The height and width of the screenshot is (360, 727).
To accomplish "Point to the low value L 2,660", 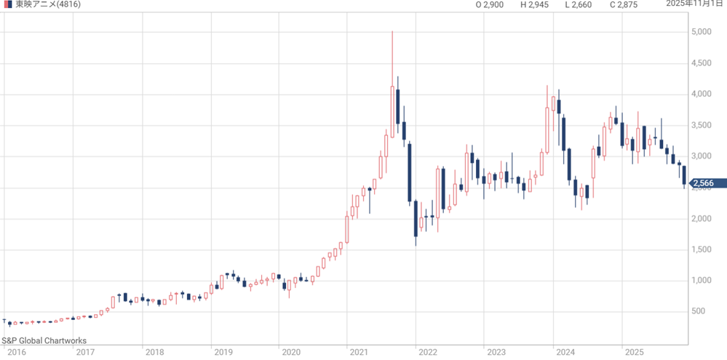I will [579, 5].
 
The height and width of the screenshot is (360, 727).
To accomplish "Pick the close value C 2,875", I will [624, 5].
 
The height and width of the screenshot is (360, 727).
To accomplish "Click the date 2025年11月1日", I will [696, 4].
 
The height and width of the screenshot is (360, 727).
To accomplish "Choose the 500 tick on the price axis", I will [701, 312].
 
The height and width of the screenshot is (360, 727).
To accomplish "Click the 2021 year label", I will [359, 352].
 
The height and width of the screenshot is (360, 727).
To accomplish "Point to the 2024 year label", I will [565, 352].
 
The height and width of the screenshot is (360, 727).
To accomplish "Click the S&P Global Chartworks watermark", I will [44, 340].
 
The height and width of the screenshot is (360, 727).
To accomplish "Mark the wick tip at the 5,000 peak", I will [392, 32].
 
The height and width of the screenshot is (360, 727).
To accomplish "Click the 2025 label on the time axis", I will [634, 352].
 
